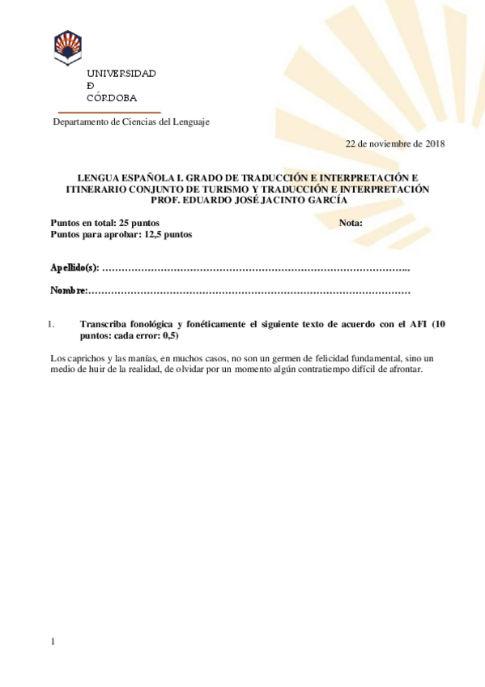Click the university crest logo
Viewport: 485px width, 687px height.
pos(67,48)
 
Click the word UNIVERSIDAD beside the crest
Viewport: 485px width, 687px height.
pos(121,73)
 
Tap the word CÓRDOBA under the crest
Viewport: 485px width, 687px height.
pos(112,97)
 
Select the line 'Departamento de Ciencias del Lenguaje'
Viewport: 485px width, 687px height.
pos(131,122)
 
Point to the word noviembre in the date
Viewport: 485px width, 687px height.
pos(391,143)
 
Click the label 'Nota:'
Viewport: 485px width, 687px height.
pos(350,223)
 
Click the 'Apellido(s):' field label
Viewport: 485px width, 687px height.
pos(74,267)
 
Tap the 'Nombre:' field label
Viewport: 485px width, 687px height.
pos(68,290)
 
